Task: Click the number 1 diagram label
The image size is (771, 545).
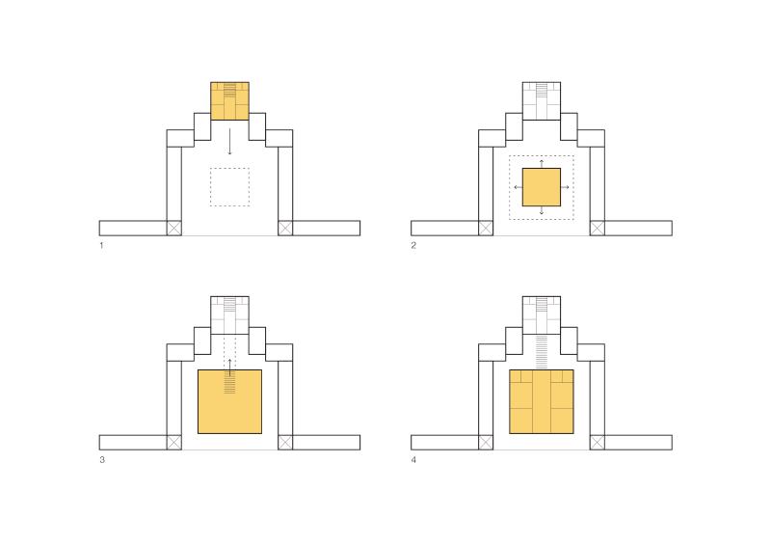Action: (101, 245)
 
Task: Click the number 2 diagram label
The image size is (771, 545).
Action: (413, 245)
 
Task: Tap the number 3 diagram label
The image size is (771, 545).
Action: (102, 460)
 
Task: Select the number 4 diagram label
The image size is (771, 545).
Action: (413, 460)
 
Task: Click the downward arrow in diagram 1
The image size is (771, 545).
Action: (229, 143)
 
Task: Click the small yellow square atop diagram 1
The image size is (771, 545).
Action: (229, 101)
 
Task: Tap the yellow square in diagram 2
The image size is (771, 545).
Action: (542, 187)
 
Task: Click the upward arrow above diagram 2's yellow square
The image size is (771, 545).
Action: (542, 163)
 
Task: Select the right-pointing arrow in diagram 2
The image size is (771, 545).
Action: (565, 187)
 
